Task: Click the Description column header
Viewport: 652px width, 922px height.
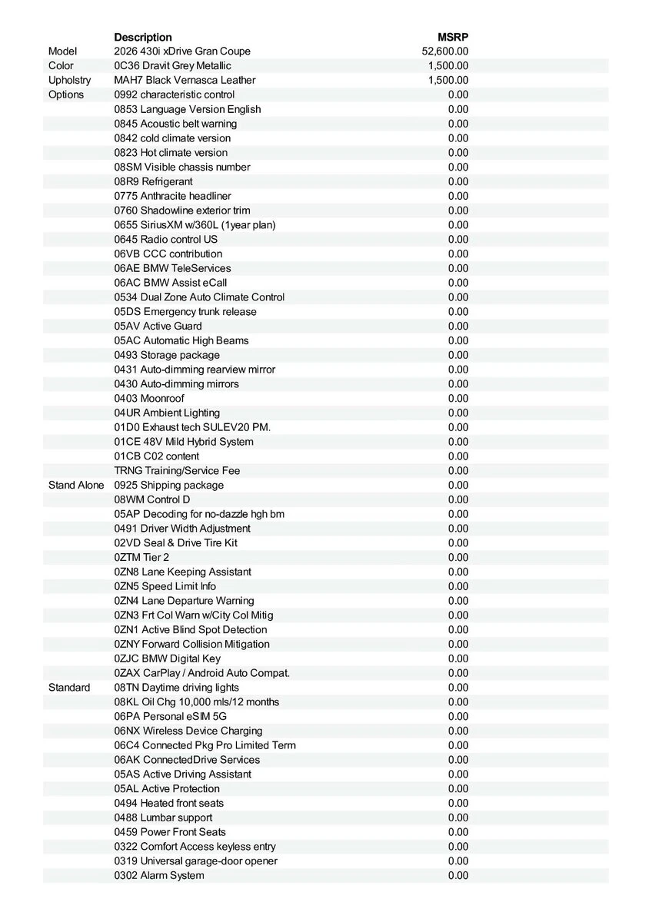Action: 143,37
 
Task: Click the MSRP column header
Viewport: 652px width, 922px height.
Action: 453,37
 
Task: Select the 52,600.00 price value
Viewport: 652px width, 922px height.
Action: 445,51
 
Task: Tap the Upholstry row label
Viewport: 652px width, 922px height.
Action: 69,80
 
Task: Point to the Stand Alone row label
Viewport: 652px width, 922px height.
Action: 76,485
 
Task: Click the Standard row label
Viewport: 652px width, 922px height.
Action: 69,688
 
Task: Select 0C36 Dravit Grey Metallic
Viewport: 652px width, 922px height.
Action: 172,66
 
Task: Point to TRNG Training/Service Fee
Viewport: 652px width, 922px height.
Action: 177,470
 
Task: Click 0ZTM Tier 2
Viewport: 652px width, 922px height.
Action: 141,557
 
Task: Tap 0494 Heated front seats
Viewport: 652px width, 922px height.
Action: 169,803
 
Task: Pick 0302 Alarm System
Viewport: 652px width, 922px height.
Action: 159,875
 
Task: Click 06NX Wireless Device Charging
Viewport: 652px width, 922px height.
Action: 188,731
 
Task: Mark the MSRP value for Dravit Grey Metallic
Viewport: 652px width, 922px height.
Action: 448,66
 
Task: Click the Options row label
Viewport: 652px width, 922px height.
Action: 66,95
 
